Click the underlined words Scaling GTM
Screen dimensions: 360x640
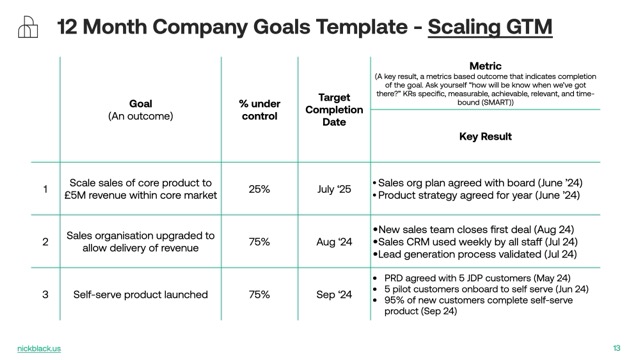pyautogui.click(x=490, y=27)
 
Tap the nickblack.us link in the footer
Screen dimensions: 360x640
pyautogui.click(x=39, y=347)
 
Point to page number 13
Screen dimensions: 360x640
pyautogui.click(x=616, y=347)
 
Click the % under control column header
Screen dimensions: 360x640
pyautogui.click(x=259, y=109)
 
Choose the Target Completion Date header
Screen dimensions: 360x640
pyautogui.click(x=334, y=109)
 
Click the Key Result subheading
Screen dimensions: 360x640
pyautogui.click(x=485, y=136)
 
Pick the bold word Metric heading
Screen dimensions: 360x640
pyautogui.click(x=485, y=66)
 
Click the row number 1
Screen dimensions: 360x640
pyautogui.click(x=44, y=189)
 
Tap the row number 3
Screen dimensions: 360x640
pyautogui.click(x=44, y=295)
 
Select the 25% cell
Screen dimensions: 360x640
pyautogui.click(x=259, y=189)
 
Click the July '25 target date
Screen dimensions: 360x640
pyautogui.click(x=334, y=189)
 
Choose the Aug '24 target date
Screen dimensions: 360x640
pyautogui.click(x=334, y=242)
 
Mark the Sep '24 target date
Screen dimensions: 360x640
pyautogui.click(x=334, y=295)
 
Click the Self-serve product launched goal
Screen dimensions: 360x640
pyautogui.click(x=140, y=295)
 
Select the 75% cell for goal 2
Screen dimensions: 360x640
pyautogui.click(x=259, y=242)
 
